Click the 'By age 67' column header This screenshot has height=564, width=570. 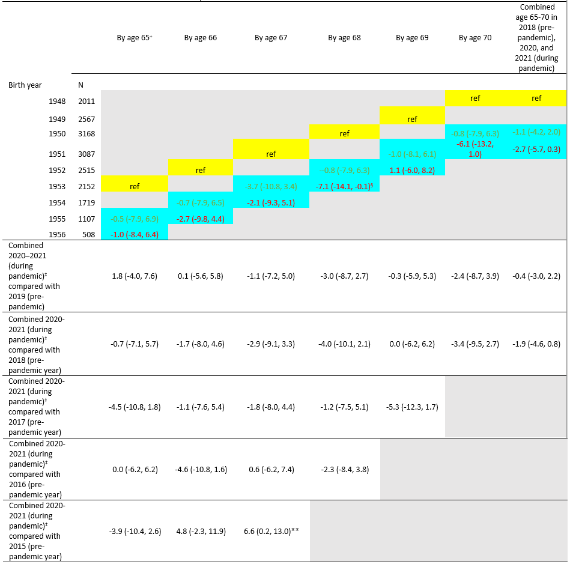(x=270, y=38)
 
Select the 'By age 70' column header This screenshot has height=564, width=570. (x=474, y=38)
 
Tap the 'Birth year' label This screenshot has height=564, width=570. (x=25, y=85)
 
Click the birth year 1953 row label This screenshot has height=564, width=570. (x=58, y=186)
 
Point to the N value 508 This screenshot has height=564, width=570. (x=88, y=234)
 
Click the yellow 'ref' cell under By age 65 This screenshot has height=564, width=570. (x=135, y=186)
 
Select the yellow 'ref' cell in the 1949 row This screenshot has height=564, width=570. (x=412, y=119)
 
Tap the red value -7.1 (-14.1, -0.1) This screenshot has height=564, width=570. (x=344, y=186)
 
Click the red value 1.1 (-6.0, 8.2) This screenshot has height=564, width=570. (x=412, y=170)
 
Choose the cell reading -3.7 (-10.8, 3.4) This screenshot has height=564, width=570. (x=270, y=186)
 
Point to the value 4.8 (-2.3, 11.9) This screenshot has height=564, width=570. (x=201, y=531)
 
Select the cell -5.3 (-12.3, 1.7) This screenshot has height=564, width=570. (x=412, y=407)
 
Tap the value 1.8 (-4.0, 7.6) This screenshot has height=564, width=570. (x=135, y=276)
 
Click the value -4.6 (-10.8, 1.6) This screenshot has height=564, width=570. (x=201, y=469)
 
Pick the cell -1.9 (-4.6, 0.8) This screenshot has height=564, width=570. (x=536, y=344)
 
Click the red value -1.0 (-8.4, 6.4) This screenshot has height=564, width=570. (x=135, y=234)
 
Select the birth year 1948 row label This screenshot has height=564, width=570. (x=58, y=102)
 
